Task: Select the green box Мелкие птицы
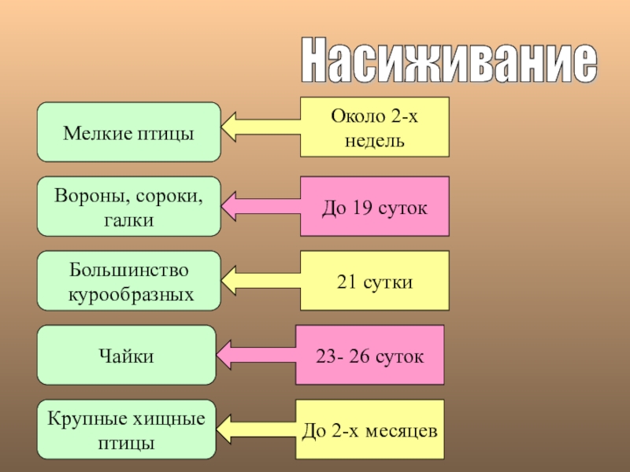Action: tap(129, 132)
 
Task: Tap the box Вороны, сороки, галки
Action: tap(129, 206)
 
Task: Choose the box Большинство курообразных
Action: tap(129, 281)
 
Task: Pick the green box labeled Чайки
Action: tap(127, 355)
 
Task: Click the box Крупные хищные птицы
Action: tap(127, 430)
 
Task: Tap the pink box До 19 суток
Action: tap(374, 207)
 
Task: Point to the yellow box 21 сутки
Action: tap(374, 281)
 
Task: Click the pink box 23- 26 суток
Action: tap(369, 355)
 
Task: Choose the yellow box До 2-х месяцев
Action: tap(369, 430)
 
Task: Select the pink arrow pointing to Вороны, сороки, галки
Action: tap(260, 206)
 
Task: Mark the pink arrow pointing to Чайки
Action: tap(255, 355)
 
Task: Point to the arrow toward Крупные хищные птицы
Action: tap(255, 430)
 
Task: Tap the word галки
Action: tap(128, 220)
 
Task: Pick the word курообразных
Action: tap(128, 295)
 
